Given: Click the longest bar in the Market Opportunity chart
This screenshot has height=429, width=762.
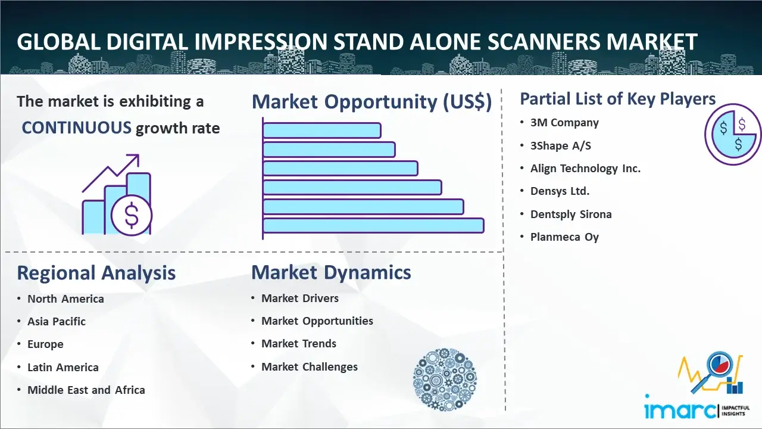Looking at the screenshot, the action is pos(373,226).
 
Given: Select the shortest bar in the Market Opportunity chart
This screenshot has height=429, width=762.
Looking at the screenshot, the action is pos(322,130).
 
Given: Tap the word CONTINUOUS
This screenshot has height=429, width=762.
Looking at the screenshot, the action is pos(77,128).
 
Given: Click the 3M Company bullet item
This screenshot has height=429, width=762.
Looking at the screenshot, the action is pos(564,123).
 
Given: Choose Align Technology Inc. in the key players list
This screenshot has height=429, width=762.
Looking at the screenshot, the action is pos(585,168).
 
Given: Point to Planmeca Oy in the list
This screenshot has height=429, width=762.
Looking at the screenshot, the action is pos(564,237).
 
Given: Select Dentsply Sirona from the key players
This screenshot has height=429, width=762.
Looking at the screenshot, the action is pos(571,214).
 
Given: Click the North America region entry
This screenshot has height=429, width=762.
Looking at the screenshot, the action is pos(65,299).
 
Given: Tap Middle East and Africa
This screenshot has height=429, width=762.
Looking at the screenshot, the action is pos(86,390).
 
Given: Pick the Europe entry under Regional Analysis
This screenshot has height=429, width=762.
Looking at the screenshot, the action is pos(45,344).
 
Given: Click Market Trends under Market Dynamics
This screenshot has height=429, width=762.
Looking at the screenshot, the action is pos(299,344).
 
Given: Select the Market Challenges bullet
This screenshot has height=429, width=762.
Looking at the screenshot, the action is pos(309,366).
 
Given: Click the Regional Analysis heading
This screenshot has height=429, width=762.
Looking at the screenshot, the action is pos(96,273).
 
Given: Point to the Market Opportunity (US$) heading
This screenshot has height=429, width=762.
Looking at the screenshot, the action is pos(372,102).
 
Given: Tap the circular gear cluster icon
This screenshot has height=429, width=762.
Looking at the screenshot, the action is pos(445,380).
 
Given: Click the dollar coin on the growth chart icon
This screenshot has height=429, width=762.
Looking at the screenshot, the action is pos(132,215).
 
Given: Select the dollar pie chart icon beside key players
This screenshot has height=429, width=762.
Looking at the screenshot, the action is pos(732,134).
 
